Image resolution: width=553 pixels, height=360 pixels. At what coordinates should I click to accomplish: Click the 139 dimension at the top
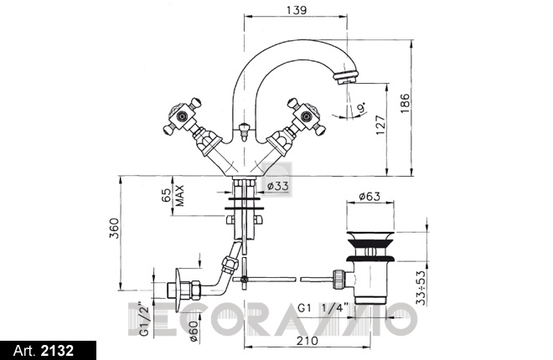297,9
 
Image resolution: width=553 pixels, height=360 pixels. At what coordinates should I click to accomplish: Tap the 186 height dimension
406,103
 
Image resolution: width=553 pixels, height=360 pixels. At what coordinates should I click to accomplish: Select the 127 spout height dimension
381,125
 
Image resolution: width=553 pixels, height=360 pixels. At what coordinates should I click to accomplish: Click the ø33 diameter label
278,186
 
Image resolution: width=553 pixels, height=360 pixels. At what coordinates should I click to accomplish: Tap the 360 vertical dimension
114,229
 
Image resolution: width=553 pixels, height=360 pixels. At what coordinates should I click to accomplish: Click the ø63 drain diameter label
370,196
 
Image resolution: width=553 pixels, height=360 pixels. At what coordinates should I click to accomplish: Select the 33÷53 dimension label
421,287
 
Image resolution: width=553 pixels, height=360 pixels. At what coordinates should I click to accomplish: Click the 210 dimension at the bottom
307,340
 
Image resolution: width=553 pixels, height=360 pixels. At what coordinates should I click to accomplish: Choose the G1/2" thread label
145,319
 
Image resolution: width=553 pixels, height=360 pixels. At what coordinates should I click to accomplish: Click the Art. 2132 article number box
48,351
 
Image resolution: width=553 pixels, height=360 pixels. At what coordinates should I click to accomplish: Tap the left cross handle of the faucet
183,116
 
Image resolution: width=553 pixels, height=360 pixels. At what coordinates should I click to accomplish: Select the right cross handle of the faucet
306,116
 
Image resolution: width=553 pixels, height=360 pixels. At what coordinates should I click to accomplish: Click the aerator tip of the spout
346,78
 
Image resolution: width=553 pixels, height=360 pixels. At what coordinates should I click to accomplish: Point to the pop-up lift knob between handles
243,131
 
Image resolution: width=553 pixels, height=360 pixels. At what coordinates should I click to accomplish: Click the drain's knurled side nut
338,280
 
